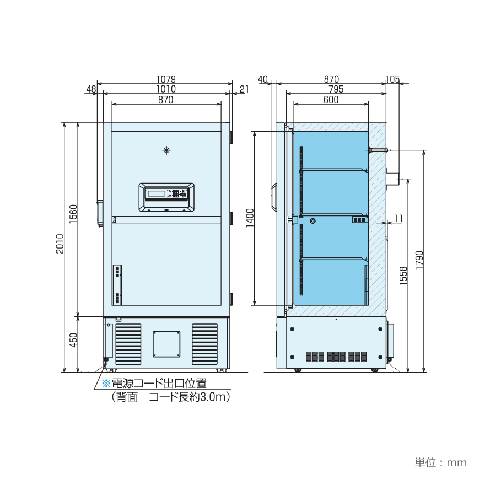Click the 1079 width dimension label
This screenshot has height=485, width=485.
pos(165,79)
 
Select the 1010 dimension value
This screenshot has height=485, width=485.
pos(165,89)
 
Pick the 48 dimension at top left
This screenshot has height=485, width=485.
pos(91,89)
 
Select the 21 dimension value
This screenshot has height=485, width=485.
pos(244,89)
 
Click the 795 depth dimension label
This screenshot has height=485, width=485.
pos(336,89)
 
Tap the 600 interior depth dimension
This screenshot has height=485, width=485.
pos(331,100)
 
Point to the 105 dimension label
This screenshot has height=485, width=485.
pos(392,79)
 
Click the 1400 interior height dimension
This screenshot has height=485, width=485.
pos(250,218)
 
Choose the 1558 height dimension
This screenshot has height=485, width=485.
pos(404,276)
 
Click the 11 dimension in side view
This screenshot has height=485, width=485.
pos(398,218)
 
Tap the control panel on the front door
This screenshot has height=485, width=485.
pos(166,197)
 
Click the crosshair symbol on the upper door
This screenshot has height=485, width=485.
pos(166,150)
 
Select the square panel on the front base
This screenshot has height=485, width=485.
pos(166,344)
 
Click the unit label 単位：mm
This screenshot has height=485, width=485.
pos(440,462)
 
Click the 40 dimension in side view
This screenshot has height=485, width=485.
pos(262,79)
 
